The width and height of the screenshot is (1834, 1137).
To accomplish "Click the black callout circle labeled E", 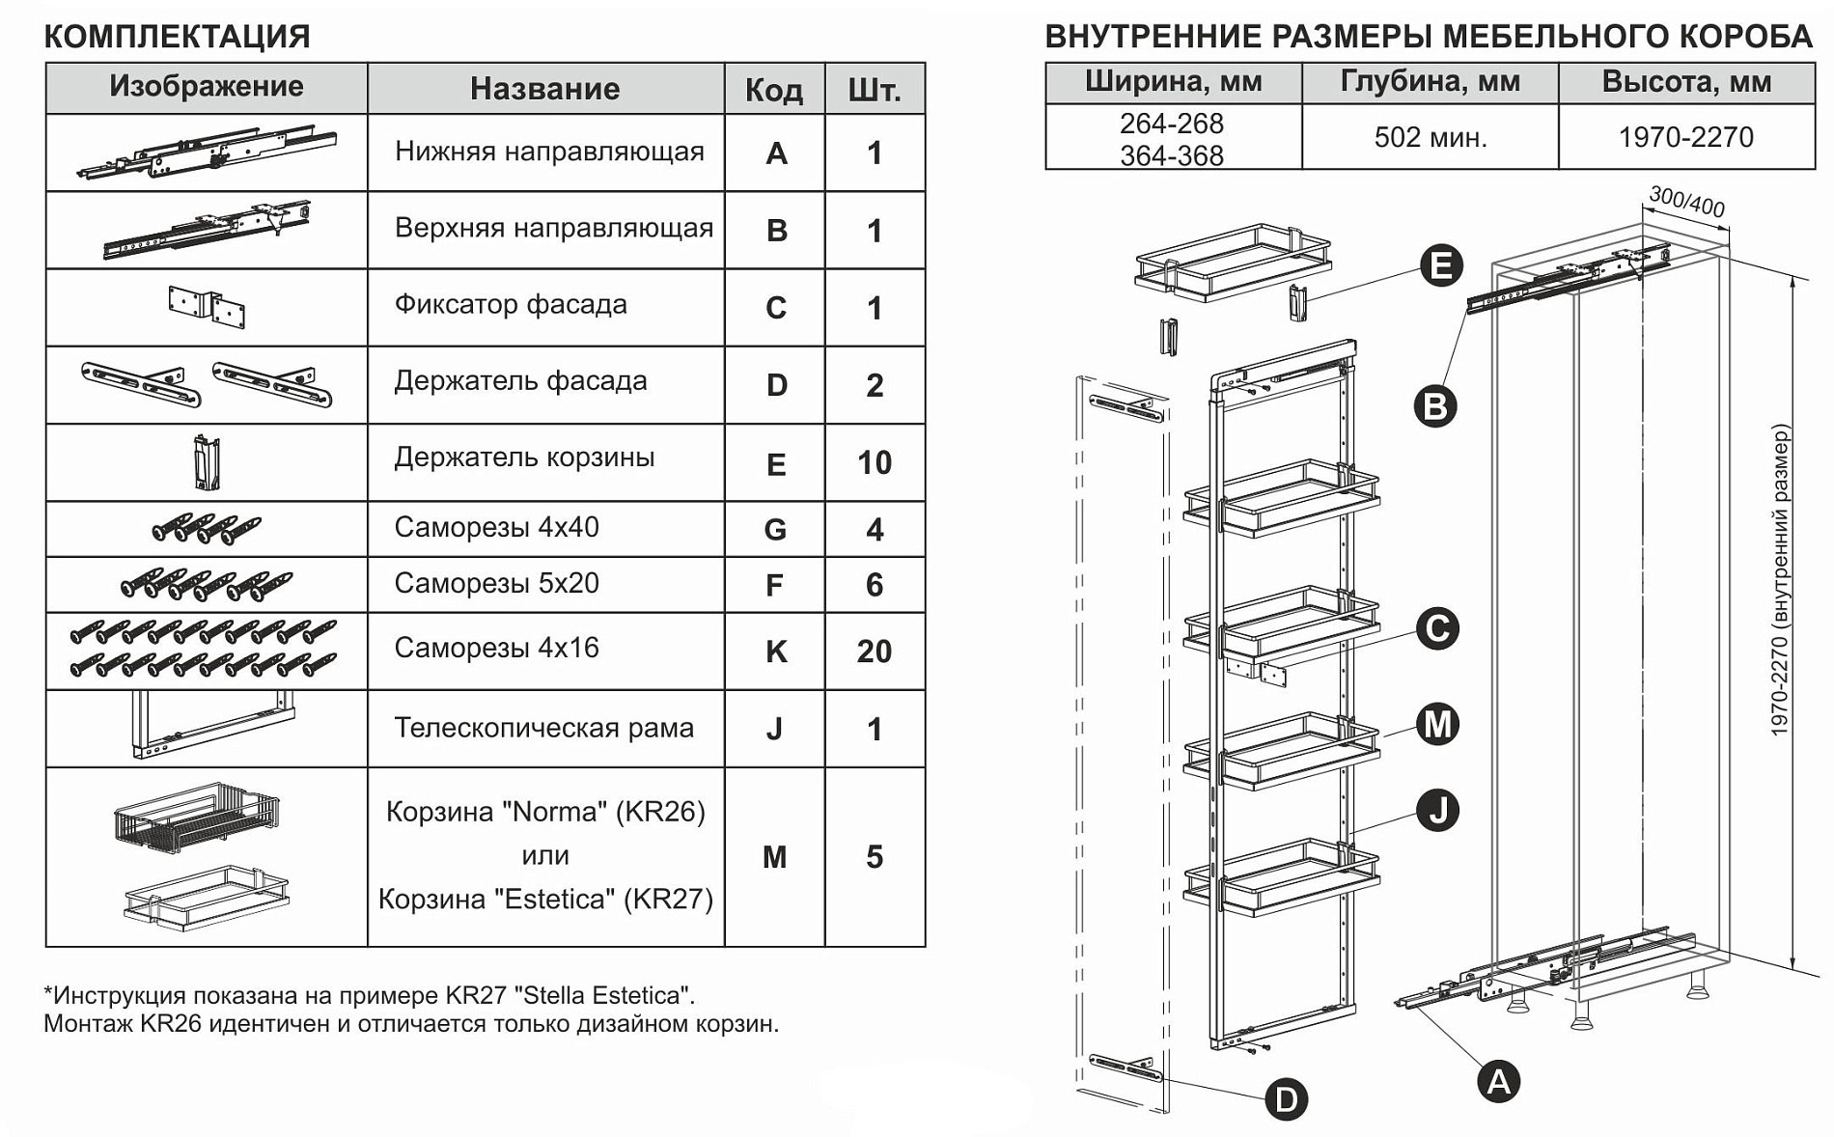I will tap(1441, 265).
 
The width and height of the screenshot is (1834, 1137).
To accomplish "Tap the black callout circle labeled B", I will tap(1434, 406).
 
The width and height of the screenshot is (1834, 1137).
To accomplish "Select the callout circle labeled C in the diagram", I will tap(1437, 628).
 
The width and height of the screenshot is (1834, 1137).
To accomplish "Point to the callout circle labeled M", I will tap(1437, 724).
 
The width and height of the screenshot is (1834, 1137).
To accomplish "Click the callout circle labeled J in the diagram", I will tap(1438, 810).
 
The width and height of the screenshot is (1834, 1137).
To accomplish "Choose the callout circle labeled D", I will tap(1286, 1099).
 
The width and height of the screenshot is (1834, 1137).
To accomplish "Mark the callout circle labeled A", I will tap(1498, 1081).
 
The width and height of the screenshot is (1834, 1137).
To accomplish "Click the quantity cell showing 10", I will tap(875, 463).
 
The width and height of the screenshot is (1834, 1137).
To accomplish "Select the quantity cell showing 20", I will tap(875, 652).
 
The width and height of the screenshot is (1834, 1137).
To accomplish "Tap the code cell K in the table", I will tap(775, 652).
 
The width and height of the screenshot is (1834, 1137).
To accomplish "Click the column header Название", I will tap(545, 89).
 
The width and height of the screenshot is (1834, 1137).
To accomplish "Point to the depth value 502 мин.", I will tap(1431, 138).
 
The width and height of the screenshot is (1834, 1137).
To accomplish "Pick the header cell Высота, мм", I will tap(1686, 82).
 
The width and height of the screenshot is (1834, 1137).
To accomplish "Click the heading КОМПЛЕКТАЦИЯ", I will tap(178, 37).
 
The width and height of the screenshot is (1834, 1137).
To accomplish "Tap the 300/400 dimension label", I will tap(1686, 202).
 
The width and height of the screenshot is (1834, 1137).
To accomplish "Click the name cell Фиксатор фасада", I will tap(511, 305).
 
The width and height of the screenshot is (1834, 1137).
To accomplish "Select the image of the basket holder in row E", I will tap(207, 462).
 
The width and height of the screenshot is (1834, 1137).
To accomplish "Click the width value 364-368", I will tap(1172, 155).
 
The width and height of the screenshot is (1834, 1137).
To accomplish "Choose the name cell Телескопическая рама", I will tap(543, 728).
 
